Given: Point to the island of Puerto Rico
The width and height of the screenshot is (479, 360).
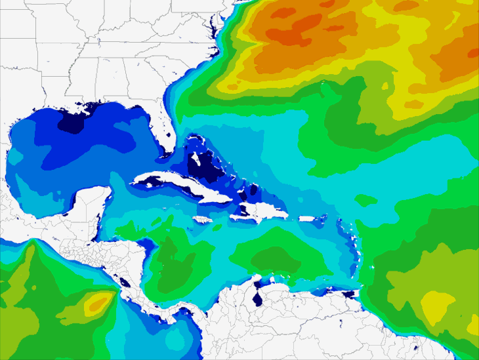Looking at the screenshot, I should coord(308,218).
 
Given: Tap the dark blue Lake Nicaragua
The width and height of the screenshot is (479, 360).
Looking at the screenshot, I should coord(123,283).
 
